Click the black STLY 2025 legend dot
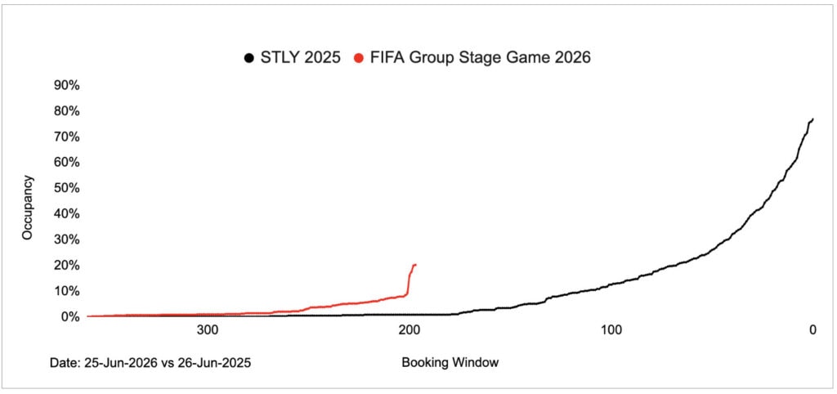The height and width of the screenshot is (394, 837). click(x=248, y=58)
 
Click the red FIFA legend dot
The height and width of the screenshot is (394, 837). click(x=359, y=58)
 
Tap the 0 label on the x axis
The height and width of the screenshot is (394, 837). click(x=812, y=330)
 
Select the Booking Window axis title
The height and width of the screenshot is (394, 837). click(x=449, y=363)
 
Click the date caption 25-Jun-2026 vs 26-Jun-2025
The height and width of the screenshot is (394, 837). click(x=168, y=363)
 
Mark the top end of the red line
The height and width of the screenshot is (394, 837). click(x=415, y=264)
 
